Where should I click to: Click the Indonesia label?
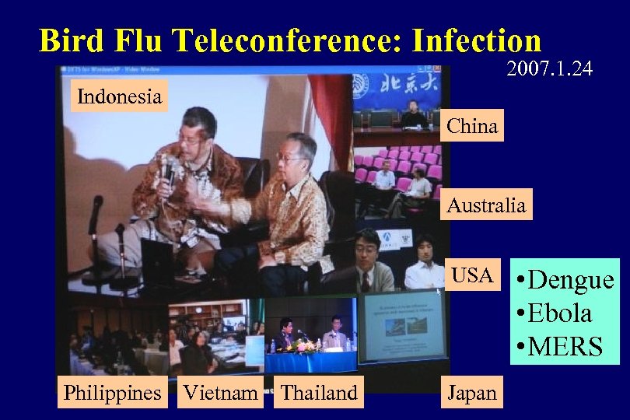[119, 97]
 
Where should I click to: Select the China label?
[472, 126]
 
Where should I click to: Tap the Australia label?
[486, 205]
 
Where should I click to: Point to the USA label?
[472, 275]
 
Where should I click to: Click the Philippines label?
[113, 393]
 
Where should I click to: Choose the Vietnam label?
[220, 393]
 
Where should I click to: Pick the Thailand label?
[320, 393]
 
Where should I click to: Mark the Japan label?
[471, 393]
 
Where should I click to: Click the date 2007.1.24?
[549, 69]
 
